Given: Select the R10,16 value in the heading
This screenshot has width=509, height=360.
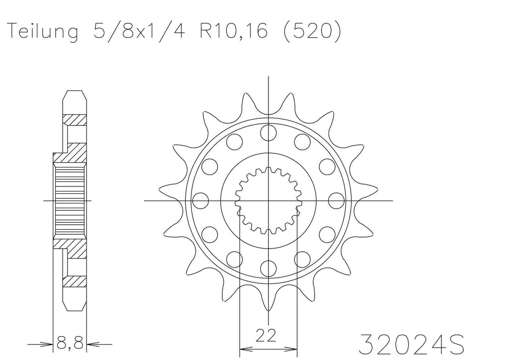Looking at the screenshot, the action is [x=234, y=31].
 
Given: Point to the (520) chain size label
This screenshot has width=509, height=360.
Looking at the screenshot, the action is [x=312, y=31].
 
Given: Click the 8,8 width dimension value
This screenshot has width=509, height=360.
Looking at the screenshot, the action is [x=70, y=343].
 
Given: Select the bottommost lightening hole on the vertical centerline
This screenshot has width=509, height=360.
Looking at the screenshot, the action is [x=268, y=268].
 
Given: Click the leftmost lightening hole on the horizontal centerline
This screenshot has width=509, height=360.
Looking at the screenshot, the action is [x=201, y=200].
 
